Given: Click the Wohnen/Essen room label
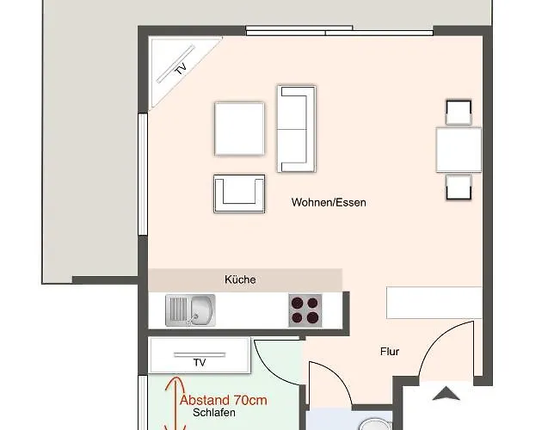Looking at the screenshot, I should (329, 203).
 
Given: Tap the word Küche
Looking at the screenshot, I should (240, 279).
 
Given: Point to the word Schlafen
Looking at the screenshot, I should (215, 413).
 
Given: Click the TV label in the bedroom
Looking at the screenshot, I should (200, 363).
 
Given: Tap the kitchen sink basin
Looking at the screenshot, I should (202, 310).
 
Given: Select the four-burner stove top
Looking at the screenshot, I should (305, 310).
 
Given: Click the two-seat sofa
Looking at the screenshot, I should (296, 128).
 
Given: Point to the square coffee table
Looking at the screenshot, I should (239, 128).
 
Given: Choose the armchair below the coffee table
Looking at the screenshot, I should (239, 193).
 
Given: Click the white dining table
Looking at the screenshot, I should (459, 150).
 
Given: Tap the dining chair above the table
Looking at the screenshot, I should (459, 113).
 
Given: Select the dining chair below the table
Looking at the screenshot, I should (459, 187).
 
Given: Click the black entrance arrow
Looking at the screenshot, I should (445, 394).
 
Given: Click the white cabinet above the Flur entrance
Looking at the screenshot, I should (434, 302).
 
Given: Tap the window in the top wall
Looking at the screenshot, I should (299, 31).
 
